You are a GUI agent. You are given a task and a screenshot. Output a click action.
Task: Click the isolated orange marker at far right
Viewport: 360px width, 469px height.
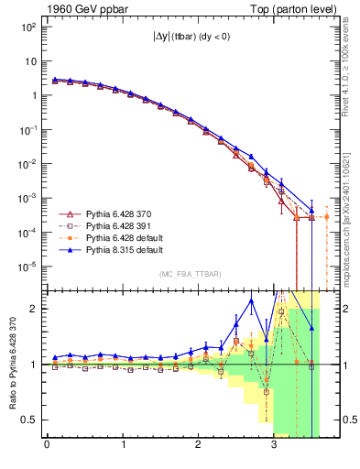click(x=326, y=216)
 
